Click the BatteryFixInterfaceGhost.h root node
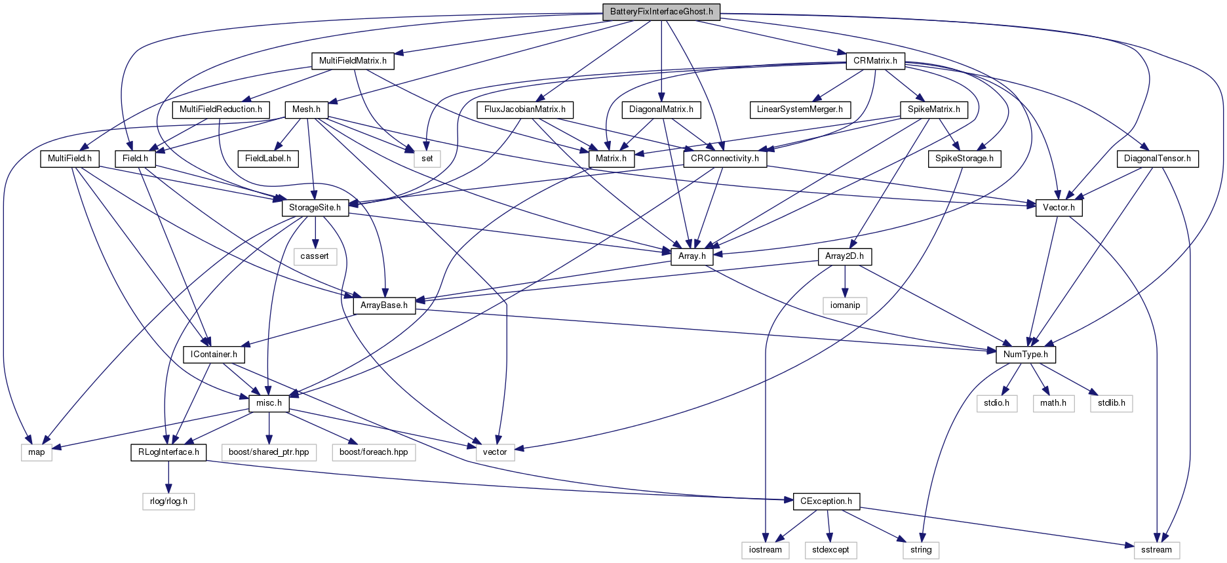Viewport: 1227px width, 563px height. [661, 12]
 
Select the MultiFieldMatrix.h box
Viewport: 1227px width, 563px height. [353, 61]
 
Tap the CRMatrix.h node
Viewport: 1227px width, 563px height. [875, 61]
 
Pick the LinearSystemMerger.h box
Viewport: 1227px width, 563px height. [800, 109]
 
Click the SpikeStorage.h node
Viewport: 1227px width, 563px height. [964, 159]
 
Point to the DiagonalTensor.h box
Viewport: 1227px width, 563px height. [1158, 159]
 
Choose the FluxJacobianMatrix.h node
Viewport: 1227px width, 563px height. [525, 109]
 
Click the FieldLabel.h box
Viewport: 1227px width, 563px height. [268, 159]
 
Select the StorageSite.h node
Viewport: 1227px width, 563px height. [315, 208]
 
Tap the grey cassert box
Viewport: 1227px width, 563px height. [315, 256]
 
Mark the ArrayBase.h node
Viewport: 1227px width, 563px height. [384, 305]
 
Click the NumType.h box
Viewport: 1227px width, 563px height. [1026, 355]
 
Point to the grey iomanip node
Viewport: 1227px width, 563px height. [845, 305]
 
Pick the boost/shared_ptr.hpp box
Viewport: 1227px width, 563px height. [269, 452]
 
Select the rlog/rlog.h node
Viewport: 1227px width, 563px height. [168, 501]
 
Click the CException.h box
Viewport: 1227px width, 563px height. [827, 501]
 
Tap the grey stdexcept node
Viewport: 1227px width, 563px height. [830, 550]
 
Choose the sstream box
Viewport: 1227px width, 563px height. [1156, 550]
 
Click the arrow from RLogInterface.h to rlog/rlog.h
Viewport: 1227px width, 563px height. [168, 477]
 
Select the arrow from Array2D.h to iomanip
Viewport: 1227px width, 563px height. [845, 281]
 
